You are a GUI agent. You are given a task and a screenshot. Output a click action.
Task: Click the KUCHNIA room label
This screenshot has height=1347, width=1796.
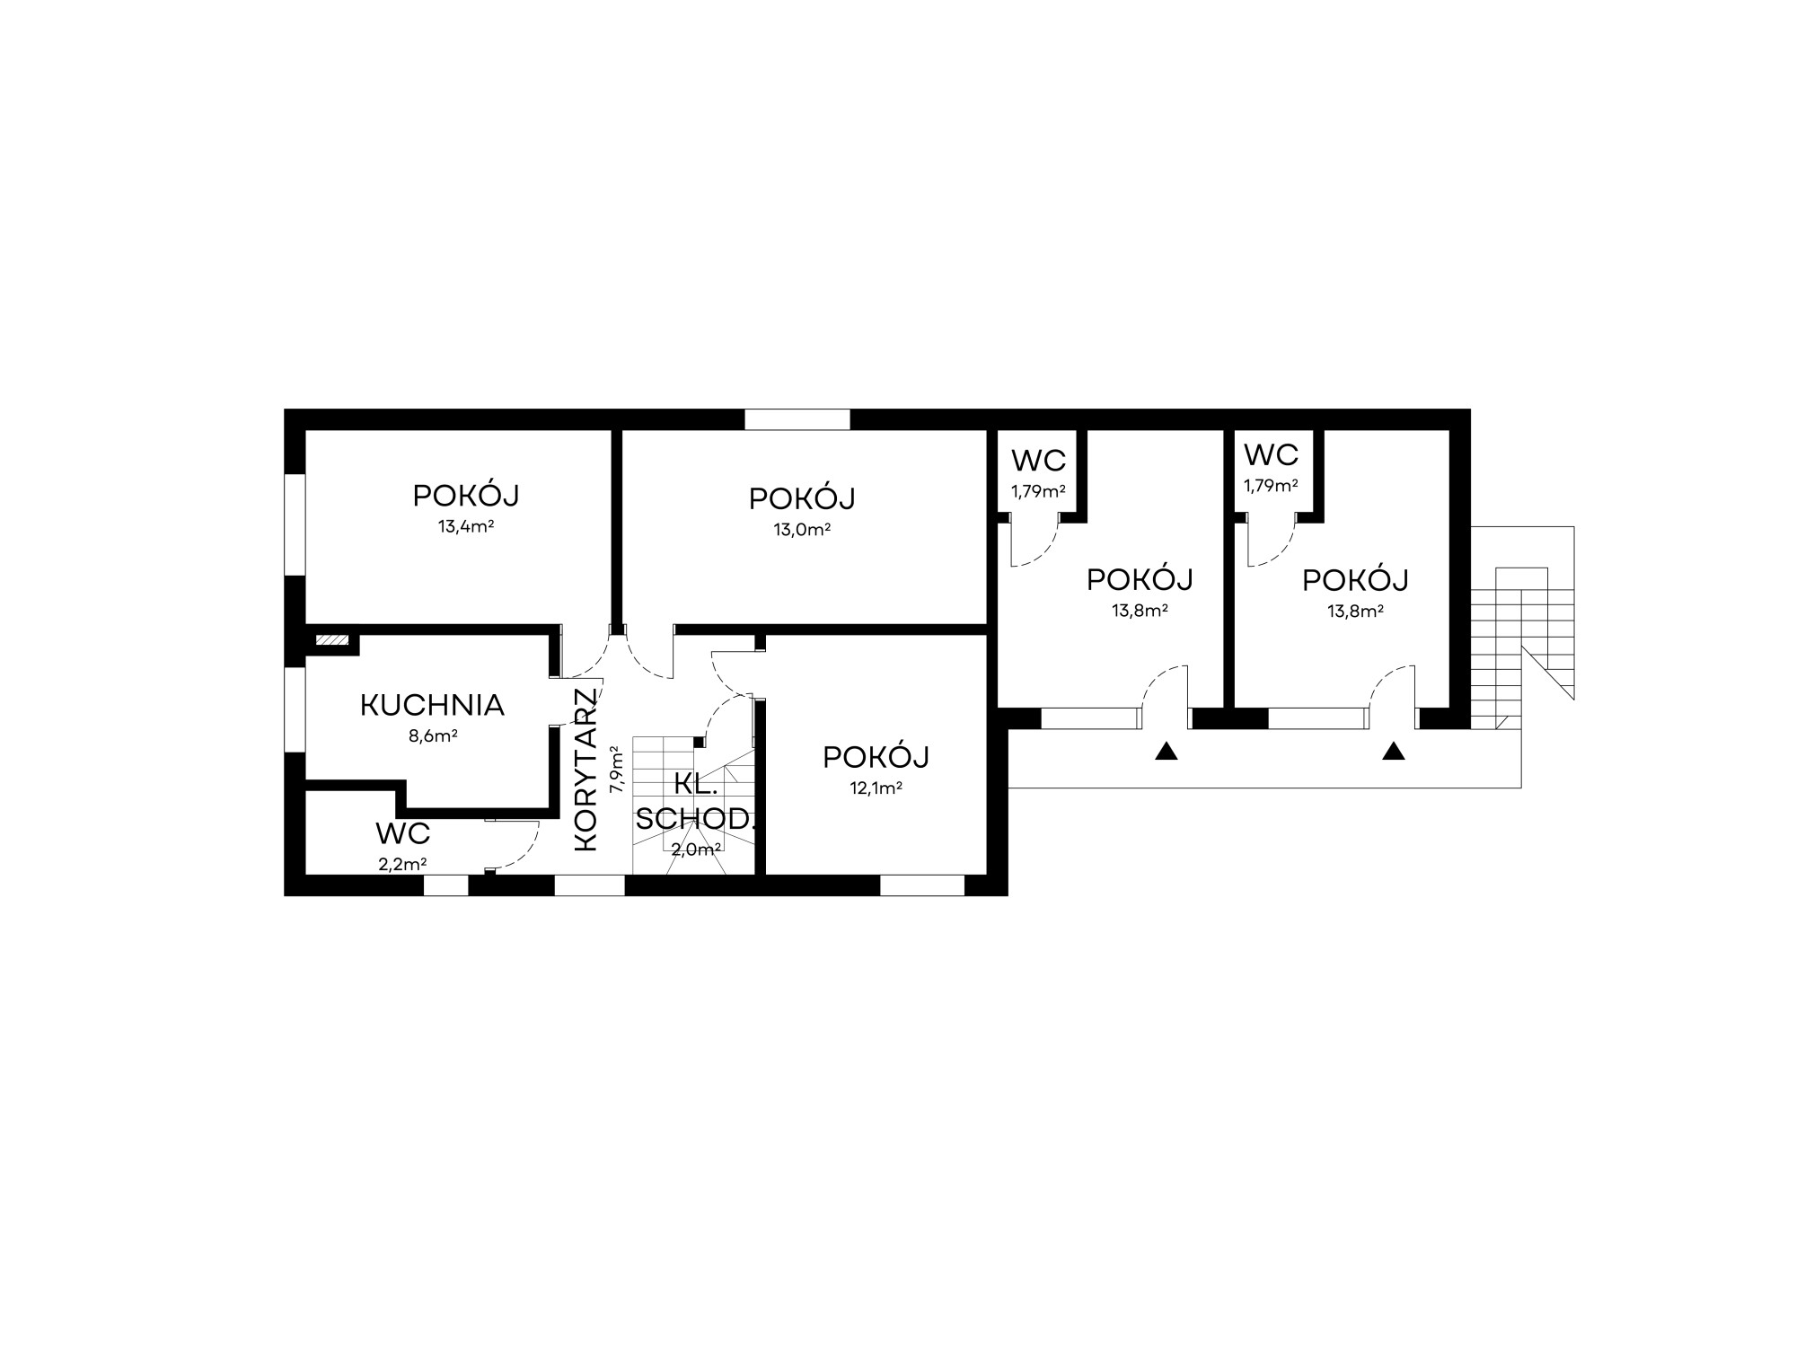432,706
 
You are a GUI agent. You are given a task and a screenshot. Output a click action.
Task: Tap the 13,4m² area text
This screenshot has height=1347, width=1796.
466,526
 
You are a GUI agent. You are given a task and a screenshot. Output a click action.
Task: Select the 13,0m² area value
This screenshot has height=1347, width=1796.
802,529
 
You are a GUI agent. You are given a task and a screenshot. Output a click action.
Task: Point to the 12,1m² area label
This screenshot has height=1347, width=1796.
876,788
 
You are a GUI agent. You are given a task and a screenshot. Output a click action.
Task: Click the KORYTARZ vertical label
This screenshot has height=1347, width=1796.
585,770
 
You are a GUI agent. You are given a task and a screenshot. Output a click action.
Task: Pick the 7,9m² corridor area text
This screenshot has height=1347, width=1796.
616,769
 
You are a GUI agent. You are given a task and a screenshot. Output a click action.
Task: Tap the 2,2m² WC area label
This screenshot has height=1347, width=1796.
402,865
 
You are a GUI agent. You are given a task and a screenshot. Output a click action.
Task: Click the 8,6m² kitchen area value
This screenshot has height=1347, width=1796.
434,736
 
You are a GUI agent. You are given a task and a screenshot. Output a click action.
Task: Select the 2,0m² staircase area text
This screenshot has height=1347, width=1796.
697,850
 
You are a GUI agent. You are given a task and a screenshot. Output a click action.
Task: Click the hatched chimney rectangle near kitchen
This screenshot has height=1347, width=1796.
331,640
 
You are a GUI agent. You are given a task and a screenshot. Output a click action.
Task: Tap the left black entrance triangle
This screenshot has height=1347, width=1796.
1167,751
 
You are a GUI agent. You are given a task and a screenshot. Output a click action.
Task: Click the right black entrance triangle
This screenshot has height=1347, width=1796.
1394,751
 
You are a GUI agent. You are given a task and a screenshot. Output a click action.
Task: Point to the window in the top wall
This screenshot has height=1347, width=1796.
797,419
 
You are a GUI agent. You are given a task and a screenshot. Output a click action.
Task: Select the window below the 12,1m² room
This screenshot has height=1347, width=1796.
922,885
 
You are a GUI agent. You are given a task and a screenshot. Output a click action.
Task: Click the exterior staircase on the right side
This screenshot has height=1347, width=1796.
1523,629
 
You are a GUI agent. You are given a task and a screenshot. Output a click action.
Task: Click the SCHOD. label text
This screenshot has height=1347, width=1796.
697,819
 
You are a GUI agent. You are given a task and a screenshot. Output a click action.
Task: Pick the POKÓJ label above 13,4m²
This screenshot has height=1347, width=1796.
466,495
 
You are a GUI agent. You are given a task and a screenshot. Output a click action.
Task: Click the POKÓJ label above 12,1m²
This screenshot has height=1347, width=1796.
876,757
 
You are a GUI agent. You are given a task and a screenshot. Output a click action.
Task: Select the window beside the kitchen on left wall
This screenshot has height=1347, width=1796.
295,708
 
